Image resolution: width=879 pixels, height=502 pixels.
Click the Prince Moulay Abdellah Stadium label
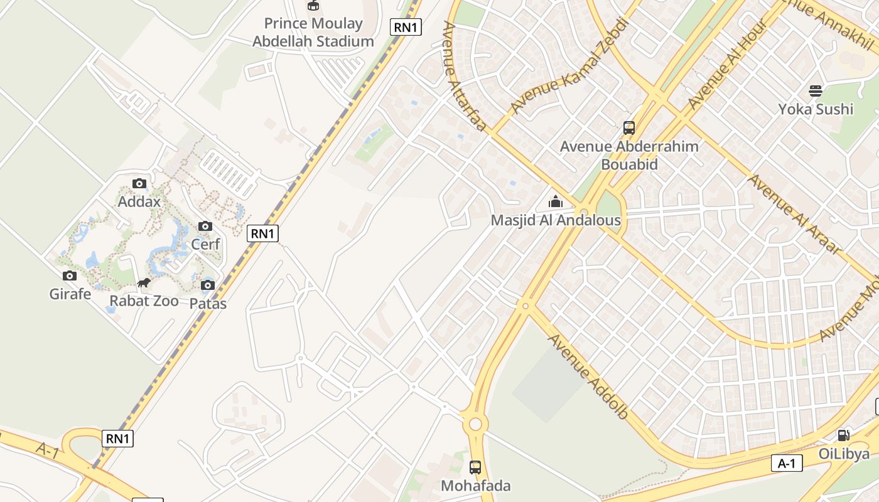tap(313, 33)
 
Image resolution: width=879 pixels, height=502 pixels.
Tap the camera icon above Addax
tap(139, 184)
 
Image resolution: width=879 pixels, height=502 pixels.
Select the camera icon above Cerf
tap(205, 227)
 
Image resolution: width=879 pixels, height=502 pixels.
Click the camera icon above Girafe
tap(70, 276)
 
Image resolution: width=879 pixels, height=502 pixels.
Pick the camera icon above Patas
tap(208, 286)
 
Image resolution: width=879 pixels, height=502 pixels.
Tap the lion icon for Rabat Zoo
tap(144, 283)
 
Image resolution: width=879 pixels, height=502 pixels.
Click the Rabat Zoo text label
tap(144, 301)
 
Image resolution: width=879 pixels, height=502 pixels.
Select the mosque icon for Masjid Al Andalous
tap(556, 202)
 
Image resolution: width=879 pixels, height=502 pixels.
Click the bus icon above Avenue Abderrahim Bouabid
tap(629, 128)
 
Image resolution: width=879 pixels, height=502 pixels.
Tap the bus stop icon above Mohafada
tap(475, 467)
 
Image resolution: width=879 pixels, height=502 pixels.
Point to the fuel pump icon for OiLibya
tap(844, 435)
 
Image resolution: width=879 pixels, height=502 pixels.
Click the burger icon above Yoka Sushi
tap(816, 91)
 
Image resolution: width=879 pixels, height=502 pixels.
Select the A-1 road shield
tap(787, 464)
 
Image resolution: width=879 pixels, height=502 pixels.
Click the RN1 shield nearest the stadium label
tap(406, 27)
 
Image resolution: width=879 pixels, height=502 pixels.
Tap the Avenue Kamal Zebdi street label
tap(568, 66)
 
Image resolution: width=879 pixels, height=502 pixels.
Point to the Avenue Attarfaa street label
tap(464, 77)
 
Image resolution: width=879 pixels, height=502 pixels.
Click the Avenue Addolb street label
tap(588, 376)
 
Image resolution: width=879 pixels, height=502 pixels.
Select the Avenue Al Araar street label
tap(794, 214)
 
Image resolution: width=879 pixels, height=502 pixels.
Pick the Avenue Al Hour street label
tap(728, 64)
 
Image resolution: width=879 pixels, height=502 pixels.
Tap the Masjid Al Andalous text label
tap(556, 220)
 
